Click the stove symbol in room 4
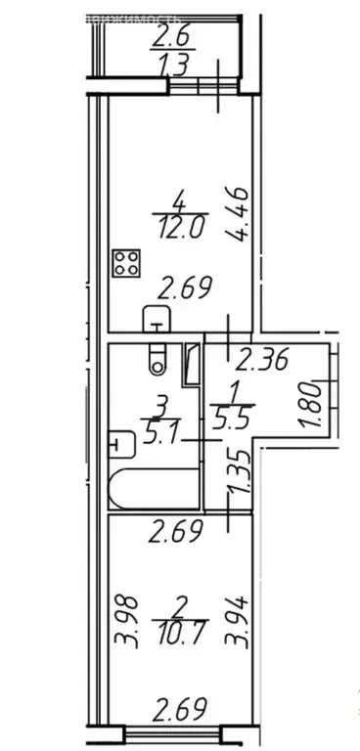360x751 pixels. pos(127,263)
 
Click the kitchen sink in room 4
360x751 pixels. pos(156,318)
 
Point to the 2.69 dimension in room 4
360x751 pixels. pos(185,290)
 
